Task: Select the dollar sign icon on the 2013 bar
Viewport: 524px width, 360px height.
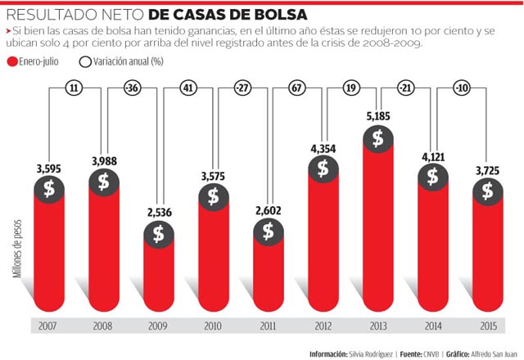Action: coord(377,138)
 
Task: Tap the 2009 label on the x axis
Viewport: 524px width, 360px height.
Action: coord(158,326)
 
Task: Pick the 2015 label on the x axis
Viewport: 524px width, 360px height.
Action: coord(487,326)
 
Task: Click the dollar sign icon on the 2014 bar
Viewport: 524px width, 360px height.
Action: coord(432,174)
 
